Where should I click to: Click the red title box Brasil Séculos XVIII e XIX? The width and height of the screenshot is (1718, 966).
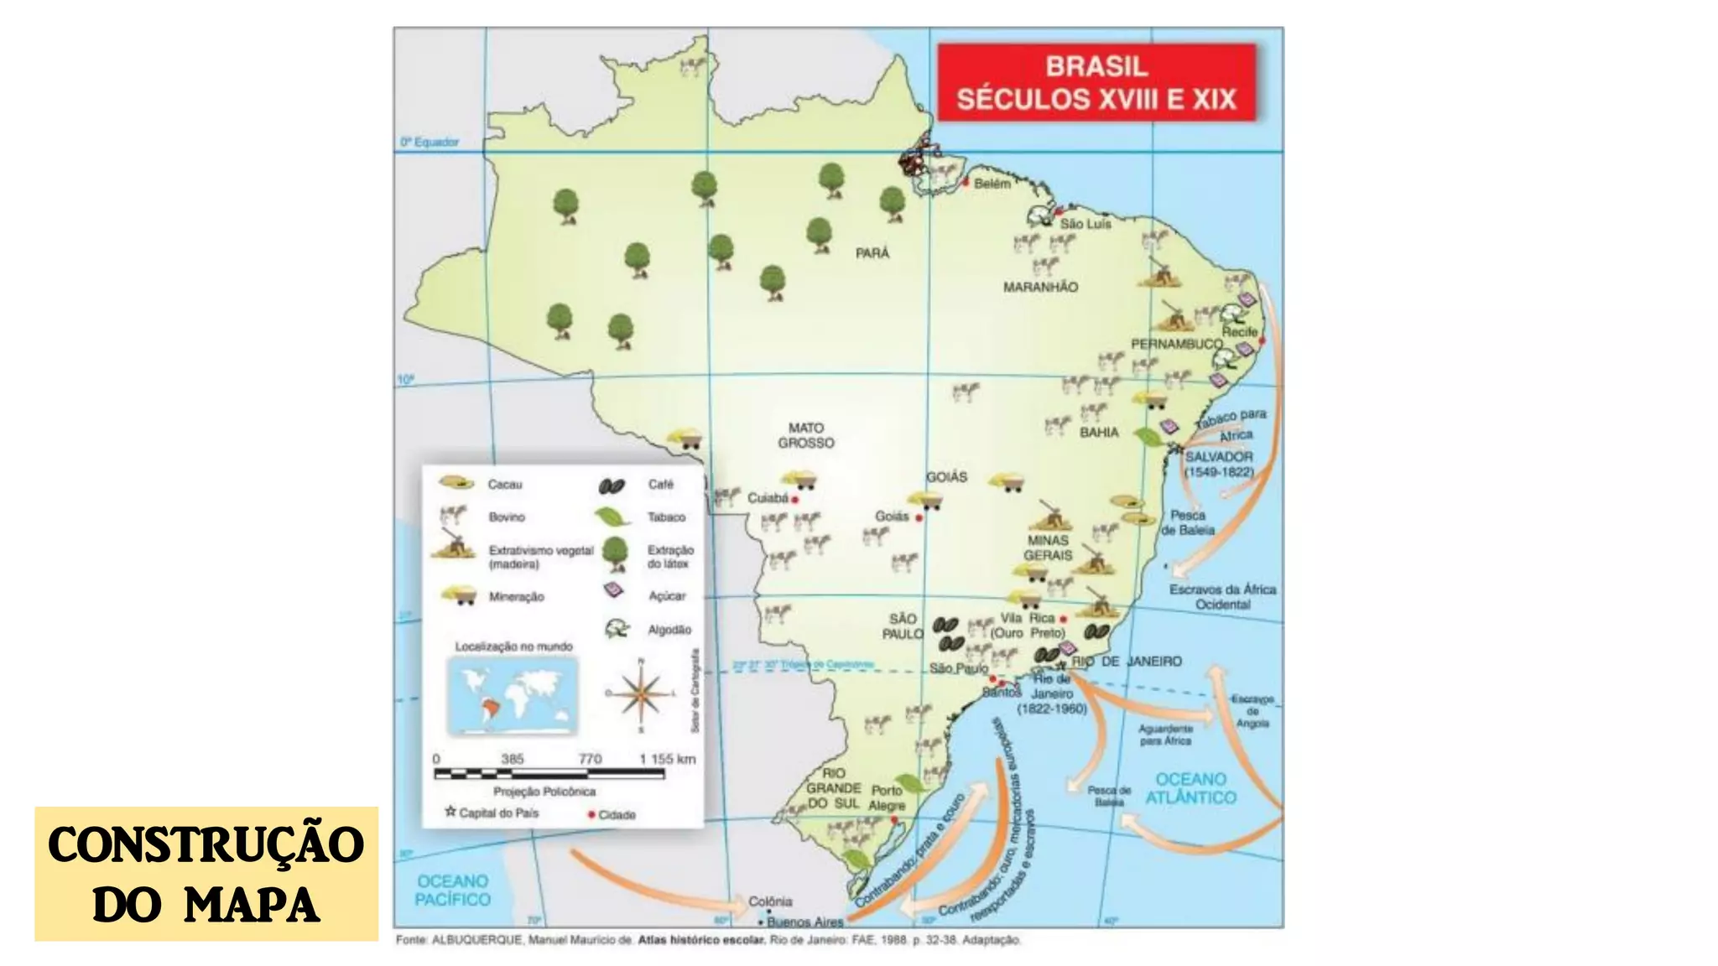coord(1096,82)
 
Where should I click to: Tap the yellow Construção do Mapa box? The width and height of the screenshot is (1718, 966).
coord(206,874)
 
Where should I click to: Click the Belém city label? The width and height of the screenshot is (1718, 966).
coord(992,184)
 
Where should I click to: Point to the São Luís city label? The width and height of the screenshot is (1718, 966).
coord(1085,224)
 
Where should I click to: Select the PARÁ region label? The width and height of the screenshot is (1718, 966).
coord(872,253)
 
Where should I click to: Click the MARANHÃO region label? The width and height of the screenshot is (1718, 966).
coord(1040,287)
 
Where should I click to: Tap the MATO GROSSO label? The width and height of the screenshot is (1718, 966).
coord(805,435)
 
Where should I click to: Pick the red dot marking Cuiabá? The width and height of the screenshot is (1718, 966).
coord(795,500)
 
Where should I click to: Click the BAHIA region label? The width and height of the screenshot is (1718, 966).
coord(1099,433)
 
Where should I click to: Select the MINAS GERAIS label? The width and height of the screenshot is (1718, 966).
coord(1048,548)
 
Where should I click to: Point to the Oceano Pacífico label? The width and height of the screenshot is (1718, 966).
coord(452,890)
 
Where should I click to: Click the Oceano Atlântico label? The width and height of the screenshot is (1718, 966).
coord(1190,788)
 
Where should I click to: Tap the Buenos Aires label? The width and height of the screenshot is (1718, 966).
coord(804,922)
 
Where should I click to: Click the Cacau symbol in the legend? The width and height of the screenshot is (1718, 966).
coord(456,483)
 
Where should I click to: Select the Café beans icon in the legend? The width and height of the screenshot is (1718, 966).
coord(612,486)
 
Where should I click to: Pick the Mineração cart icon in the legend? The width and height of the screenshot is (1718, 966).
coord(459,595)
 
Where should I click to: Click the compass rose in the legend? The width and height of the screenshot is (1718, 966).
coord(641,693)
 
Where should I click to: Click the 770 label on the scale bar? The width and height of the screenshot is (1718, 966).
coord(590,759)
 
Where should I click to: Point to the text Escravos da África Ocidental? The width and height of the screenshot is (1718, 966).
coord(1222,596)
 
